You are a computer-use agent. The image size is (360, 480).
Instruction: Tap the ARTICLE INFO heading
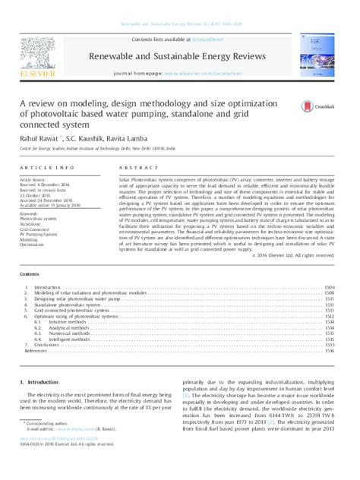47,166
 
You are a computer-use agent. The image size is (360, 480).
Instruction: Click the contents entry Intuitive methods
62,322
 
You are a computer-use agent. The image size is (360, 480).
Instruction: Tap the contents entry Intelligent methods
64,339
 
